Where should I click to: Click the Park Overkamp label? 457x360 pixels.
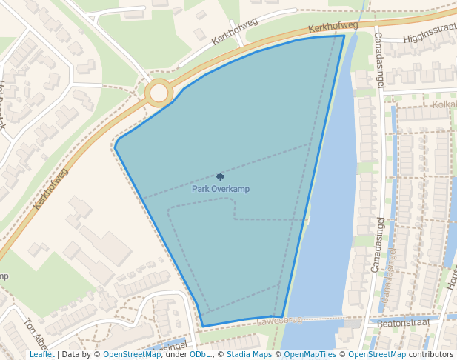tap(221, 189)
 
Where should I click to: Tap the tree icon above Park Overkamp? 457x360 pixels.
tap(220, 177)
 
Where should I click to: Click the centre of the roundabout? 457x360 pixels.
tap(159, 93)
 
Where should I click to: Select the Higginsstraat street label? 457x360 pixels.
tap(430, 35)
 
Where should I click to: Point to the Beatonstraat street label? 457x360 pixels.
tap(404, 324)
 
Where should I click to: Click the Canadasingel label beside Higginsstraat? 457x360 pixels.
tap(379, 59)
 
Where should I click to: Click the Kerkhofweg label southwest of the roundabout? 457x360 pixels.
tap(50, 198)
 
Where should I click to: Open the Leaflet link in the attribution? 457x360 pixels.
tap(42, 355)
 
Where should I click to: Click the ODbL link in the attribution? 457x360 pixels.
tap(200, 355)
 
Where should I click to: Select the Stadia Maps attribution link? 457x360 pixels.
tap(249, 355)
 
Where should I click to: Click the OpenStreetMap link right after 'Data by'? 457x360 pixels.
tap(132, 355)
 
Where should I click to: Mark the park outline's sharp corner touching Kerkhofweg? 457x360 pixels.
tap(344, 36)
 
